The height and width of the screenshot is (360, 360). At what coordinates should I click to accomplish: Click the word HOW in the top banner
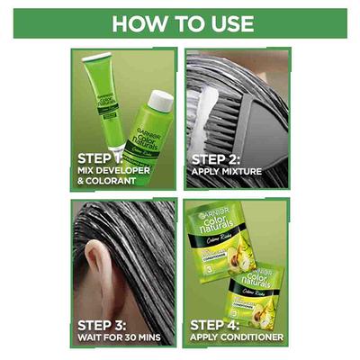(x=134, y=23)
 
